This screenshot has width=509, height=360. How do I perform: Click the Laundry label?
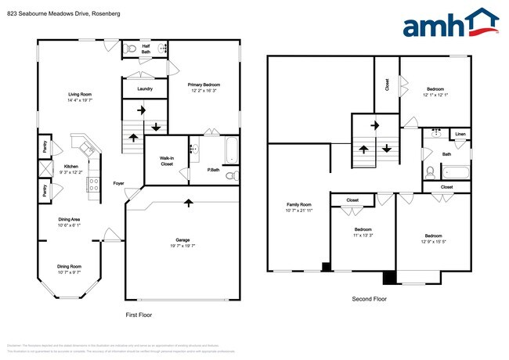(144, 89)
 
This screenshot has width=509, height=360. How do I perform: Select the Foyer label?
(118, 185)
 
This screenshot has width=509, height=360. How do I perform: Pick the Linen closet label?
(460, 135)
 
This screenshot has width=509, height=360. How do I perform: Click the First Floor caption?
(138, 315)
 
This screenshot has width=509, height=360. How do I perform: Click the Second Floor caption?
(370, 299)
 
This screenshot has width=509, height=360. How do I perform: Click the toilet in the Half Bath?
(132, 49)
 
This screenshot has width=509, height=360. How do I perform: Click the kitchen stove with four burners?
(92, 185)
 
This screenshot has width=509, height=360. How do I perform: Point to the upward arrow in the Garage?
(188, 204)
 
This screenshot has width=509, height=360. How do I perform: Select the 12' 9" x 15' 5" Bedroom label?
(433, 239)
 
